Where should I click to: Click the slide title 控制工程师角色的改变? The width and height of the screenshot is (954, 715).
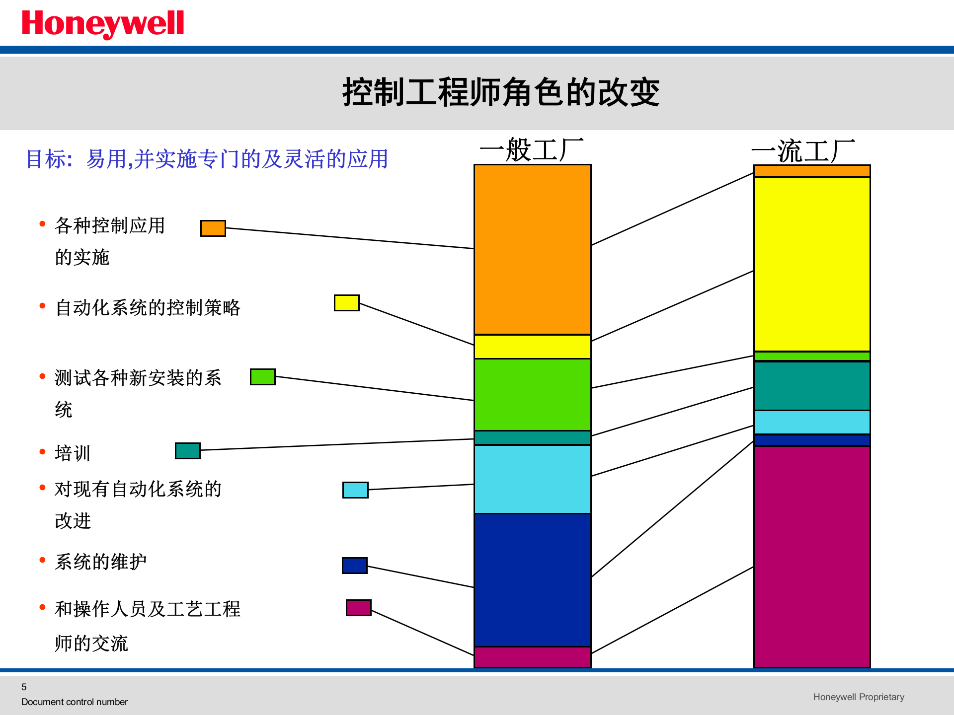(501, 92)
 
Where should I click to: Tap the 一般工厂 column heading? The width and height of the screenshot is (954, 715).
(532, 150)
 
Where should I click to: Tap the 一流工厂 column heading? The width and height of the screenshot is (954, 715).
(803, 151)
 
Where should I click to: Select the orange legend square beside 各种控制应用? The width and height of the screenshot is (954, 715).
(213, 228)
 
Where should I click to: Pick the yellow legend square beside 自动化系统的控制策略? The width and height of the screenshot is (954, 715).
(346, 303)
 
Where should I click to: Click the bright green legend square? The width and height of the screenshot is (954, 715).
(262, 377)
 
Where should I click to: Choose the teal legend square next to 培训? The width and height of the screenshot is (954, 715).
(188, 451)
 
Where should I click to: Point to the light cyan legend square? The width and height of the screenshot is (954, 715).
(355, 490)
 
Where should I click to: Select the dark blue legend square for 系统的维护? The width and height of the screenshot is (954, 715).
(355, 566)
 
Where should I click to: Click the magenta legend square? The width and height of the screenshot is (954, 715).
(358, 608)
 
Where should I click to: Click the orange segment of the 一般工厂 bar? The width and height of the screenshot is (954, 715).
(532, 249)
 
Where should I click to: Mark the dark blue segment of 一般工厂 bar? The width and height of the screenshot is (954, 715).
(532, 580)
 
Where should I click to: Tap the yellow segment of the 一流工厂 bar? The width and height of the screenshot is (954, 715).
(812, 264)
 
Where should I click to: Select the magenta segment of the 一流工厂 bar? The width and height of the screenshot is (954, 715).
(812, 556)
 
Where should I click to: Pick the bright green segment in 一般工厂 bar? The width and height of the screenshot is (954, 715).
(532, 394)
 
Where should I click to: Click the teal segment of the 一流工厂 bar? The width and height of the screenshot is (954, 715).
(812, 386)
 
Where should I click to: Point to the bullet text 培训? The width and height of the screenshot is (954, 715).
(73, 453)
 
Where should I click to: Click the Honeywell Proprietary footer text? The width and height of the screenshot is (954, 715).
(859, 697)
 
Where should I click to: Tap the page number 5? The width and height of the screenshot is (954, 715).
(24, 687)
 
